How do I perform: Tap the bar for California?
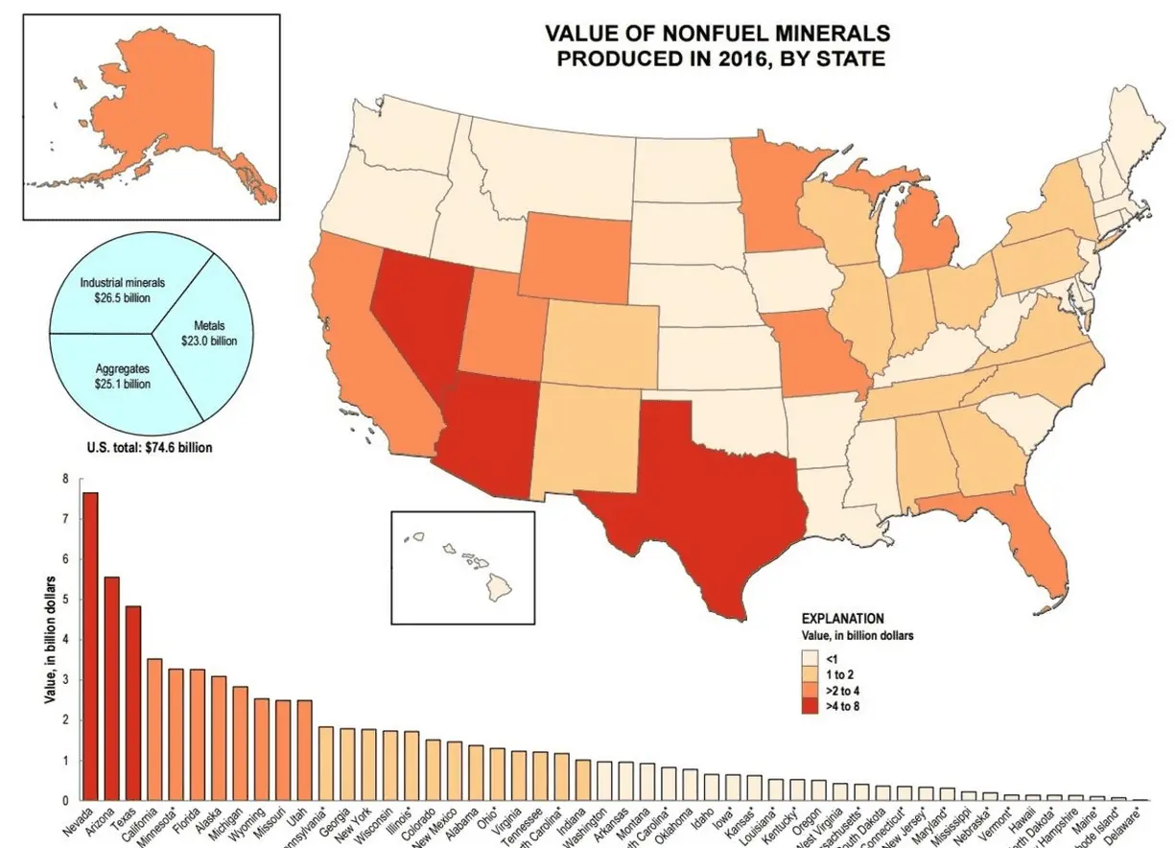point(154,729)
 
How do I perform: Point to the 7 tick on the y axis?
point(65,519)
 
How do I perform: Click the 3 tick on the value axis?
point(65,679)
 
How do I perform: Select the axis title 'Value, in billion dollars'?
point(49,639)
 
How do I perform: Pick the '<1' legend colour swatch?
point(811,659)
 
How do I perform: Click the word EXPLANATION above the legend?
point(841,619)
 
